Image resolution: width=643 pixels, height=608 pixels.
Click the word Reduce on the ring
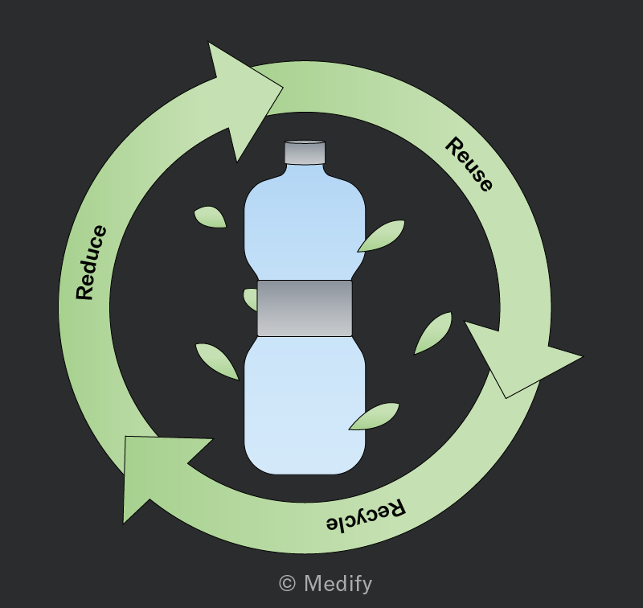91,262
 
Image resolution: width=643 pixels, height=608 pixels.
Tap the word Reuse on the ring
469,165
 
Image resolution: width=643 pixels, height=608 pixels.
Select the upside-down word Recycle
367,515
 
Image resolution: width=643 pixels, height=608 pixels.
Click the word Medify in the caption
338,584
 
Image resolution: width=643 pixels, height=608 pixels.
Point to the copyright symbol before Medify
287,583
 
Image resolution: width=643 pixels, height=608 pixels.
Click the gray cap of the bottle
305,152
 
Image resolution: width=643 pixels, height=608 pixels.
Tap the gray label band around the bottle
305,309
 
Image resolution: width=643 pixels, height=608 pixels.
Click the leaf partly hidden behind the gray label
251,299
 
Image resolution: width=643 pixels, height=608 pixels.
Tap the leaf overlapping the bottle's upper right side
381,236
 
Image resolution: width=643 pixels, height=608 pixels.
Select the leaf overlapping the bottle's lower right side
374,416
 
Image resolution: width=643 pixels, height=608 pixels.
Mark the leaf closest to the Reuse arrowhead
433,333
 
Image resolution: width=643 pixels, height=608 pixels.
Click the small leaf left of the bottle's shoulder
210,216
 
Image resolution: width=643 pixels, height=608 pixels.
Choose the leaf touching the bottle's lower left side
217,361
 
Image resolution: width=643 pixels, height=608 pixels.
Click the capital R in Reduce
85,292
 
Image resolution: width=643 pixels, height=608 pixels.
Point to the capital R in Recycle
395,508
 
